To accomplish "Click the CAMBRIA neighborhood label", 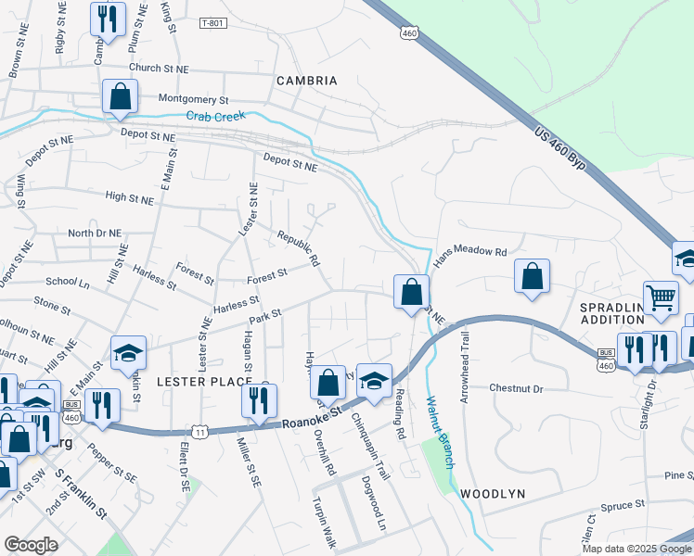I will coord(307,81).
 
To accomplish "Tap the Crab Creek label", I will coord(215,116).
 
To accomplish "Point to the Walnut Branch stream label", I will coord(436,432).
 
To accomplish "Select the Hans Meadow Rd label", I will coord(471,251).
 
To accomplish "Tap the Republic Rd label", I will coord(298,248).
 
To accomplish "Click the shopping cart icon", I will coord(661,297).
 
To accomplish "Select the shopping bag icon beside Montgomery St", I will coord(120,95).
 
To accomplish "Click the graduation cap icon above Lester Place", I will coord(128,352).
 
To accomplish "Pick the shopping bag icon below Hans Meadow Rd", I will coord(532,275).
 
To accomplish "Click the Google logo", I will coord(31,544).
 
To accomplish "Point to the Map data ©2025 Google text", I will coord(636,548).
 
